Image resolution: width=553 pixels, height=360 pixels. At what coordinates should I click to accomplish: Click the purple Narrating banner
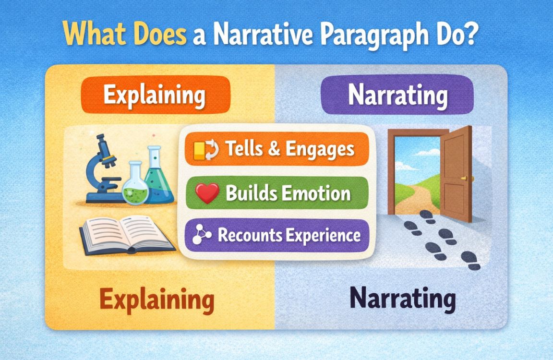[x=397, y=95]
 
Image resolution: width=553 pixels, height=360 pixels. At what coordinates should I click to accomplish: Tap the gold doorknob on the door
[x=464, y=178]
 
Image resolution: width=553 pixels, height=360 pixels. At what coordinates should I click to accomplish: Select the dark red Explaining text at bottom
[x=157, y=300]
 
